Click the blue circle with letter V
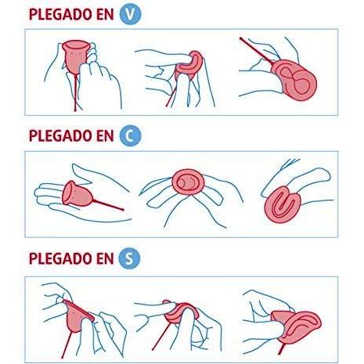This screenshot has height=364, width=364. pos(130,14)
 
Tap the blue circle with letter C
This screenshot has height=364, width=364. pos(130,136)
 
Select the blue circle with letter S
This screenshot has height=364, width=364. pos(129,258)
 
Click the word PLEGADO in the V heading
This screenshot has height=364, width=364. pos(60,14)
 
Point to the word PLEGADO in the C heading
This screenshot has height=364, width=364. pos(60,136)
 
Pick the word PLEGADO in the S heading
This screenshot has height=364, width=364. pos(60,258)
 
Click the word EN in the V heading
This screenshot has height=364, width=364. pos(105,14)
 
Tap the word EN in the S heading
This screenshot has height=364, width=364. pos(105,258)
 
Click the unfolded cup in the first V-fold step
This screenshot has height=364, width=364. pos(74,56)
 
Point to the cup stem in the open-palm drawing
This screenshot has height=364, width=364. pos(108,205)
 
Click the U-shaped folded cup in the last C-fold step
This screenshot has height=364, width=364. pos(283,204)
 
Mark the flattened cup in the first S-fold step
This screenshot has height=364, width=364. pos(77,315)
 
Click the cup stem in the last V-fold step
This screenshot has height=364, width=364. pos(256,52)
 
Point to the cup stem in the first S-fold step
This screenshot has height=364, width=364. pos(67,345)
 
